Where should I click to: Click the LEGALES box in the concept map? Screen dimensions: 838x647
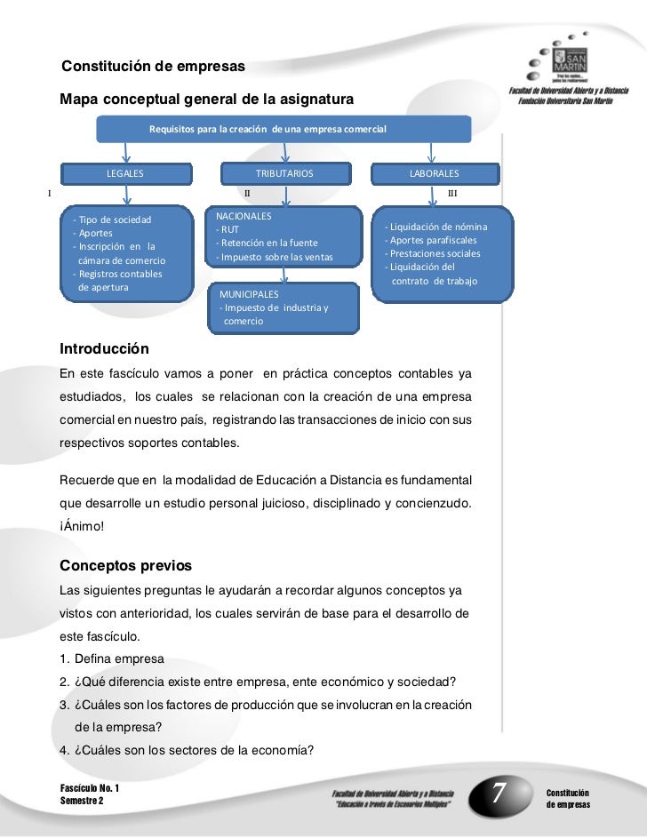pos(124,172)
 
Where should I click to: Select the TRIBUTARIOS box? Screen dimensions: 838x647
pos(284,172)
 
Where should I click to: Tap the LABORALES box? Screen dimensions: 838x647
pos(434,172)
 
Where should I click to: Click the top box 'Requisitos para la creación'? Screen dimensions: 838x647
pos(268,129)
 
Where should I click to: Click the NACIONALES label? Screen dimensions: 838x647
pos(244,216)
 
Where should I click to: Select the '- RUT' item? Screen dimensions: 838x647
pos(228,230)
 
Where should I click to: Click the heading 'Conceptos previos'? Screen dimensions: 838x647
pos(124,566)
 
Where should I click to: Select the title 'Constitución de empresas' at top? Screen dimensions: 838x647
pos(153,68)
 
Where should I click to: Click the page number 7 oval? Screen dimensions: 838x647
pos(499,790)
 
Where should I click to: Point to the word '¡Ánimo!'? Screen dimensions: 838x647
pos(82,525)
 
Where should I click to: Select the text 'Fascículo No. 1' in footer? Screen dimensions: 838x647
pos(90,788)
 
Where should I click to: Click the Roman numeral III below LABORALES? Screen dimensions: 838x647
pos(453,192)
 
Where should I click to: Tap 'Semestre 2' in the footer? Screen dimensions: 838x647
pos(82,801)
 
